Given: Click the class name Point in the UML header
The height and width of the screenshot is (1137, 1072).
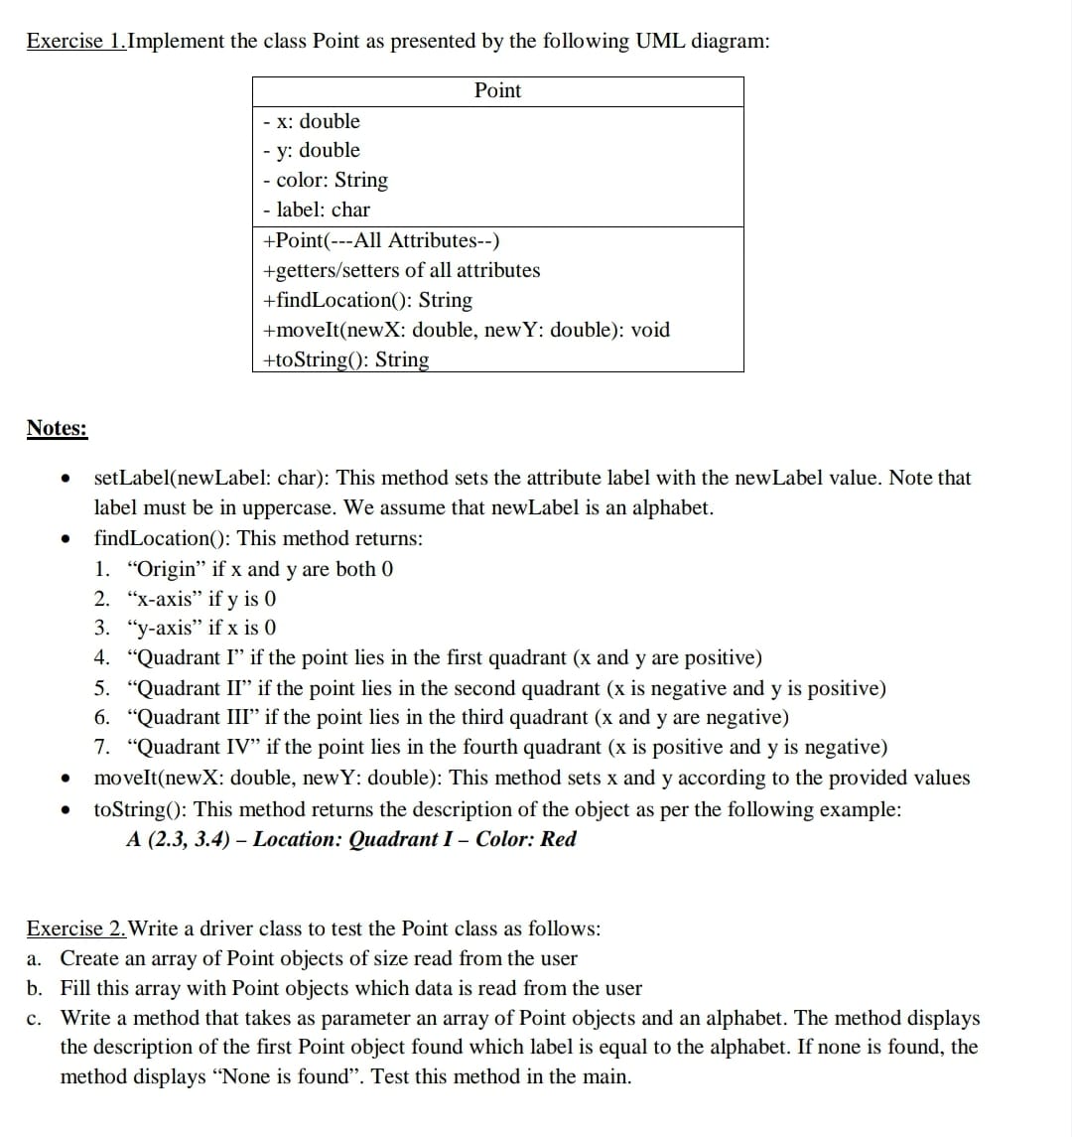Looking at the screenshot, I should (x=497, y=90).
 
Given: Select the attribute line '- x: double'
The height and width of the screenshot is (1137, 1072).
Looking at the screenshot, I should (x=312, y=121).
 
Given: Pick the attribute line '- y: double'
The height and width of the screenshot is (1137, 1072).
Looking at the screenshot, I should (x=312, y=150).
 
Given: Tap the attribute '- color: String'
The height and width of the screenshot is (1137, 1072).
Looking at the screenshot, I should (x=326, y=180).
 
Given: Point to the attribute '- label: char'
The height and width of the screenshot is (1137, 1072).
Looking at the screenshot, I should (x=317, y=210).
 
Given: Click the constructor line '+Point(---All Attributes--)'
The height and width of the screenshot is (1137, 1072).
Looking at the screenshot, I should (x=381, y=240).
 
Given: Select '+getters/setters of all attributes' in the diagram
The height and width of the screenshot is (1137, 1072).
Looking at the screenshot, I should (x=401, y=270).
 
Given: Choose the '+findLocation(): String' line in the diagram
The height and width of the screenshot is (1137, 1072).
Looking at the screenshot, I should (x=367, y=300).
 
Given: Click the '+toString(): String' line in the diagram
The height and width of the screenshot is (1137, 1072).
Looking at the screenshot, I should (x=345, y=359).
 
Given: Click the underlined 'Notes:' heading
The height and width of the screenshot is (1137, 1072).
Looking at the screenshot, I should (x=57, y=428).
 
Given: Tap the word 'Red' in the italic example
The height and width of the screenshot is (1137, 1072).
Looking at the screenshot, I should (x=559, y=839).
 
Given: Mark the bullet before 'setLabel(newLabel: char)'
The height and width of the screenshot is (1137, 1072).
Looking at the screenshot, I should (x=65, y=479).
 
